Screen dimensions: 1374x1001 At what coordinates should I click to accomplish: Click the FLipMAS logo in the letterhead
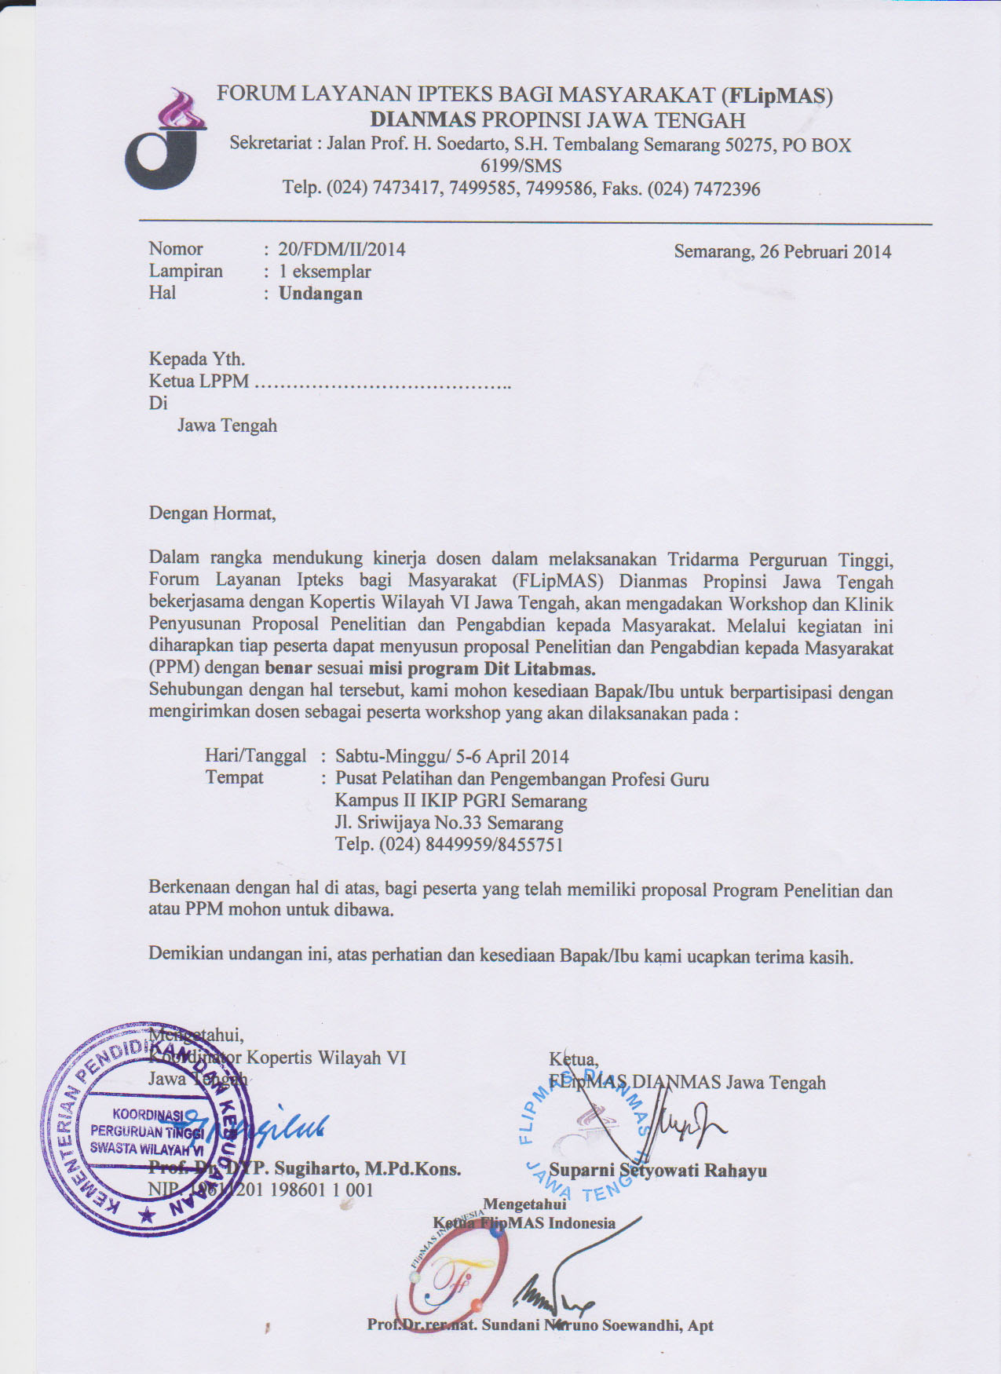(x=166, y=141)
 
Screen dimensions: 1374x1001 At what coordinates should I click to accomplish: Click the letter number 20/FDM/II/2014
(x=342, y=250)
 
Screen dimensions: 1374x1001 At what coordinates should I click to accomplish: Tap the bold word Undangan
(x=320, y=294)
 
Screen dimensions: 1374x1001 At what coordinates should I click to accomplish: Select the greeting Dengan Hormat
(x=212, y=514)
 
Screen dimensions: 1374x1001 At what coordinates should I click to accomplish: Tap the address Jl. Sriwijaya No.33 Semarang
(x=449, y=823)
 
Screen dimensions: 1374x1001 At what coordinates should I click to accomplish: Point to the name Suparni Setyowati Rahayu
(x=658, y=1171)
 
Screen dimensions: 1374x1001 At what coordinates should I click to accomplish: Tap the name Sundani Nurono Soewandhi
(x=583, y=1325)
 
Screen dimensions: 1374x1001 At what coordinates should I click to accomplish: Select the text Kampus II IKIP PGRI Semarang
(x=461, y=801)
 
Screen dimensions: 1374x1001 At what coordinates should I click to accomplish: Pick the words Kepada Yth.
(x=197, y=360)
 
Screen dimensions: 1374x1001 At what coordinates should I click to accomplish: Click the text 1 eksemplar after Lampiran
(x=324, y=272)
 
